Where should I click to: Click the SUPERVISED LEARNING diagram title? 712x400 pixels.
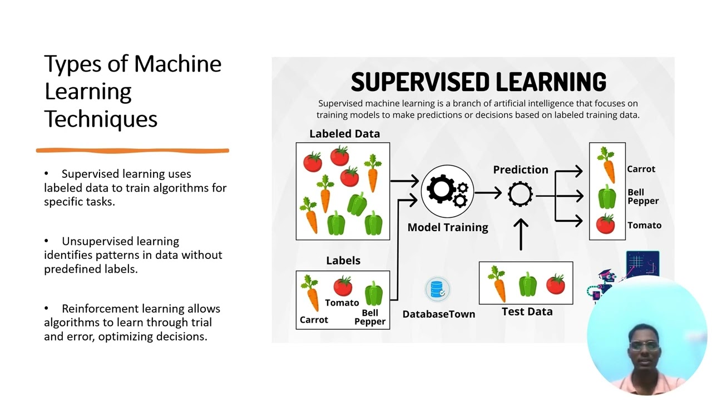(x=478, y=82)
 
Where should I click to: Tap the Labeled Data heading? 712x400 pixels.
(x=344, y=134)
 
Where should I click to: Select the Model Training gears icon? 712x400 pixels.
(x=447, y=191)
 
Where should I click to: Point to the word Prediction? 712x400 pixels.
(x=521, y=170)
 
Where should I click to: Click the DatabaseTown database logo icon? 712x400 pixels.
(x=437, y=289)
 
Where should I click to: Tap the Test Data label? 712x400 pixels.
(x=527, y=312)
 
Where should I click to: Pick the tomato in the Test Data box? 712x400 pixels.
(x=555, y=284)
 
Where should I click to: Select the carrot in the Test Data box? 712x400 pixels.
(x=497, y=283)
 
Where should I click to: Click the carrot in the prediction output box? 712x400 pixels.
(x=607, y=165)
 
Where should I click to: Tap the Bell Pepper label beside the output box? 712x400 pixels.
(x=642, y=197)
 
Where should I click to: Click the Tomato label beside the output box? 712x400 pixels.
(x=644, y=226)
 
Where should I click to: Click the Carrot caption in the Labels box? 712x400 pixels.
(x=314, y=320)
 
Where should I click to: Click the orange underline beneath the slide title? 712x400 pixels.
(x=132, y=150)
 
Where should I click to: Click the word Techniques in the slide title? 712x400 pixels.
(x=101, y=119)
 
